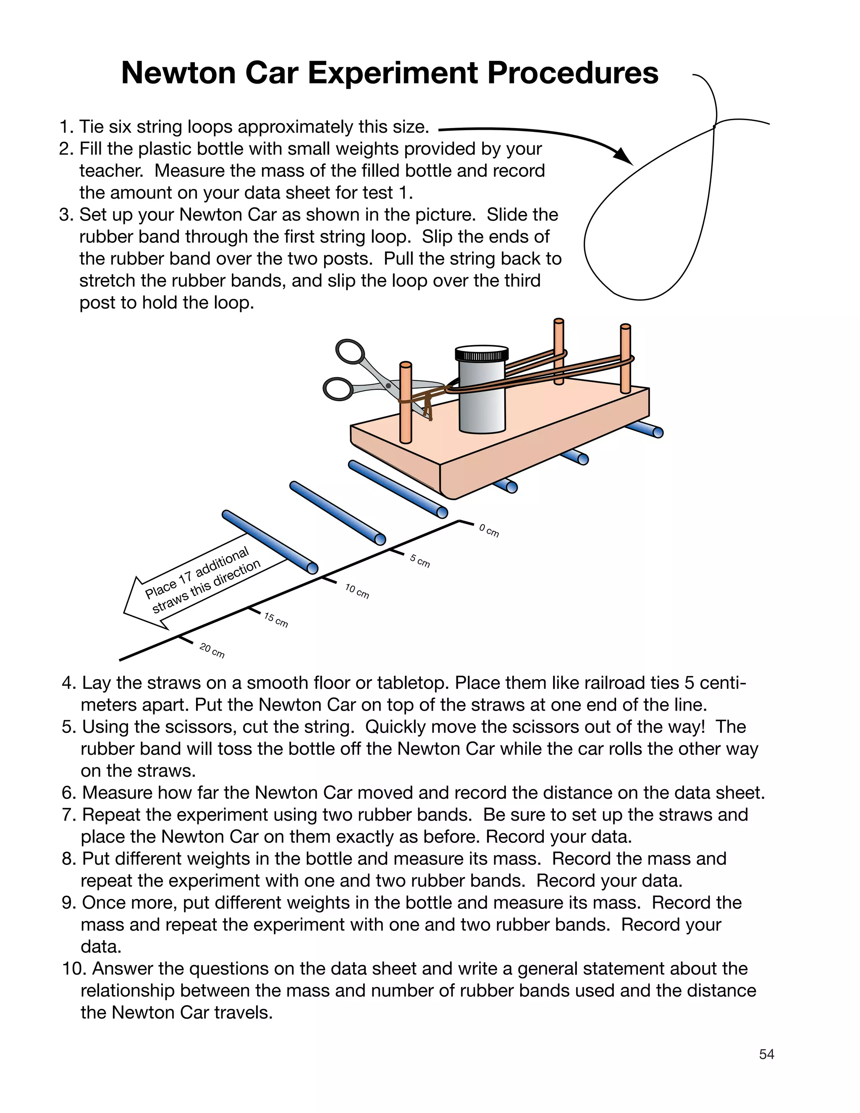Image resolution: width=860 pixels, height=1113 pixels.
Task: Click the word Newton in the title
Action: [x=179, y=73]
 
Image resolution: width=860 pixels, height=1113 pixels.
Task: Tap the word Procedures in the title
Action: [x=573, y=73]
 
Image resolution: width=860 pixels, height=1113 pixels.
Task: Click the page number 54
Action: [x=766, y=1054]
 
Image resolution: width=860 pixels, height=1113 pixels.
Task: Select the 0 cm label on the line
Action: [x=489, y=530]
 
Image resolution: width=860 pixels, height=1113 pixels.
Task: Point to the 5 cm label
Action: [x=420, y=561]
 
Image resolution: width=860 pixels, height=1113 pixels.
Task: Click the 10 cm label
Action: [x=357, y=591]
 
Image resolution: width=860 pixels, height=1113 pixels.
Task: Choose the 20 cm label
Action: [x=212, y=650]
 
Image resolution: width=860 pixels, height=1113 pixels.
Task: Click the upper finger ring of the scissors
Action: [x=350, y=352]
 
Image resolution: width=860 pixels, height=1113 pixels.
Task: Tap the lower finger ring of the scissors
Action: [x=338, y=389]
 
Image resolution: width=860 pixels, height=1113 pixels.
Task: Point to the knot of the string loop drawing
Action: [x=714, y=125]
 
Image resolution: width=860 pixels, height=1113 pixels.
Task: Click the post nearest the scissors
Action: [x=406, y=403]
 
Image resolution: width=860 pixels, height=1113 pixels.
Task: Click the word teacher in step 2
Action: [x=111, y=171]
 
